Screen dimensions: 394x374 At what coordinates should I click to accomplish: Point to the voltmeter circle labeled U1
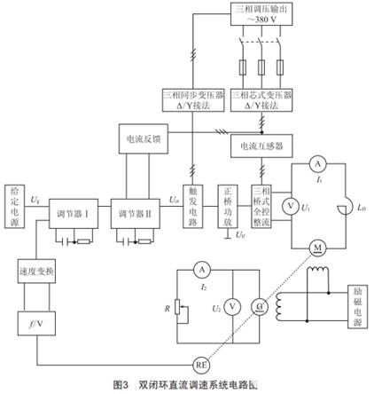coord(288,206)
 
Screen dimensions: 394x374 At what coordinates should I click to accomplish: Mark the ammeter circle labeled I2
coord(202,269)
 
